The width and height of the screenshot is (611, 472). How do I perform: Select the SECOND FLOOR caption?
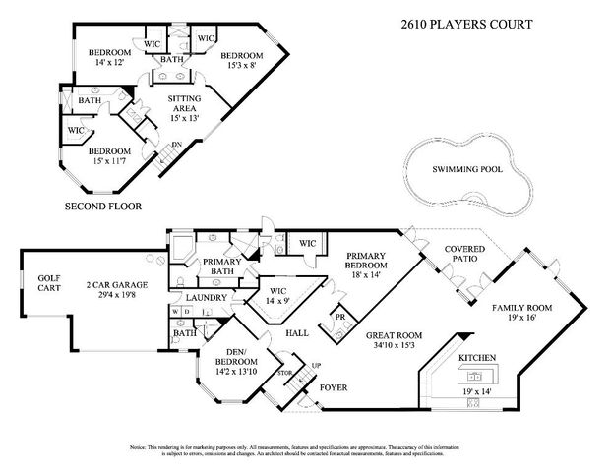coord(103,206)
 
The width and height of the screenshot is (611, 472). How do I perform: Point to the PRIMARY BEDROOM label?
coord(371,260)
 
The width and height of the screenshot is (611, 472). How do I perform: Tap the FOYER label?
coord(334,387)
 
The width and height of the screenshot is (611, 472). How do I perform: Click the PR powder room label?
coord(339,318)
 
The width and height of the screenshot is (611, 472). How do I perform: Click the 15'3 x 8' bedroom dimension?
coord(240,66)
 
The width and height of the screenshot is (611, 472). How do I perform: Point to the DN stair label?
coord(177,146)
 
